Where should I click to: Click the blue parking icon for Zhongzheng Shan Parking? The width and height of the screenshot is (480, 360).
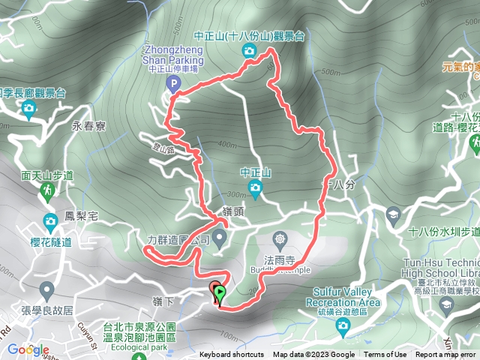tap(173, 85)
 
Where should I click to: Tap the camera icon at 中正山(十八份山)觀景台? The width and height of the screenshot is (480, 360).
tap(249, 50)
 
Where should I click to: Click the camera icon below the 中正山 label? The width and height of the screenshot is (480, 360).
tap(255, 187)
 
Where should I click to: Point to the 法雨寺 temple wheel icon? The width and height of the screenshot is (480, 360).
tap(280, 239)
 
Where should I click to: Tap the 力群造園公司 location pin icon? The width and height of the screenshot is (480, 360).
tap(219, 239)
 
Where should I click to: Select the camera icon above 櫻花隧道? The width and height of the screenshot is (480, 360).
tap(50, 221)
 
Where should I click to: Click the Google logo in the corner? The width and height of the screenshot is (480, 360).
tap(28, 349)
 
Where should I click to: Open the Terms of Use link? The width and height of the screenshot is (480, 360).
tap(385, 355)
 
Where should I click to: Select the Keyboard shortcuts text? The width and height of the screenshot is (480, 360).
tap(231, 355)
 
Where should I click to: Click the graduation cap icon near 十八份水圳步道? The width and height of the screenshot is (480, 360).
tap(392, 216)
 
